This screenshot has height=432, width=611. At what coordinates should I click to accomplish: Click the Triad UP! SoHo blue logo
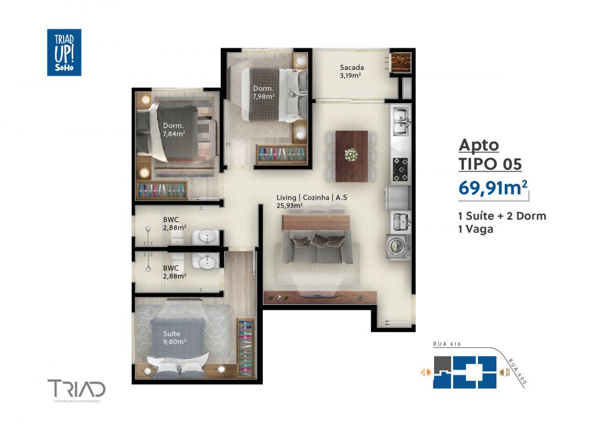coord(64,52)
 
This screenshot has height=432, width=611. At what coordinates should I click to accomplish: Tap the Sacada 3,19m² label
coord(351,71)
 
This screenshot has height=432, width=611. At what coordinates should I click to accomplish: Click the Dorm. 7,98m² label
coord(263,92)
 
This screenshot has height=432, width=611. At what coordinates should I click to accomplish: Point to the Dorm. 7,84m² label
coord(174,129)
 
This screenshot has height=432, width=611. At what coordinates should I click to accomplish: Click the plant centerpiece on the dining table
coord(350,154)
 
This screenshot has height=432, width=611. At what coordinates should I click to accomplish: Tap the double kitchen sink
coord(400,122)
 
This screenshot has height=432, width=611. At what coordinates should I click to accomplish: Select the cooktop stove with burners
coord(400,168)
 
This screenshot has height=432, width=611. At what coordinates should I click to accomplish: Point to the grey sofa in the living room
coord(316,249)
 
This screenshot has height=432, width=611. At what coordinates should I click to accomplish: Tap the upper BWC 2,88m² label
coord(174,223)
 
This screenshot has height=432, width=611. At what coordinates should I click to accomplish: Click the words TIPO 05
coord(490,164)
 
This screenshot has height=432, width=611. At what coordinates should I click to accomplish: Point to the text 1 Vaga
coord(476,230)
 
